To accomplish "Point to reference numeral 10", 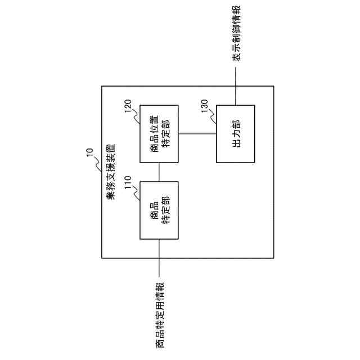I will [x=89, y=152].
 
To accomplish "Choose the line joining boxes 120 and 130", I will [x=197, y=134].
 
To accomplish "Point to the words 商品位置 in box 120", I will [x=154, y=134].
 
